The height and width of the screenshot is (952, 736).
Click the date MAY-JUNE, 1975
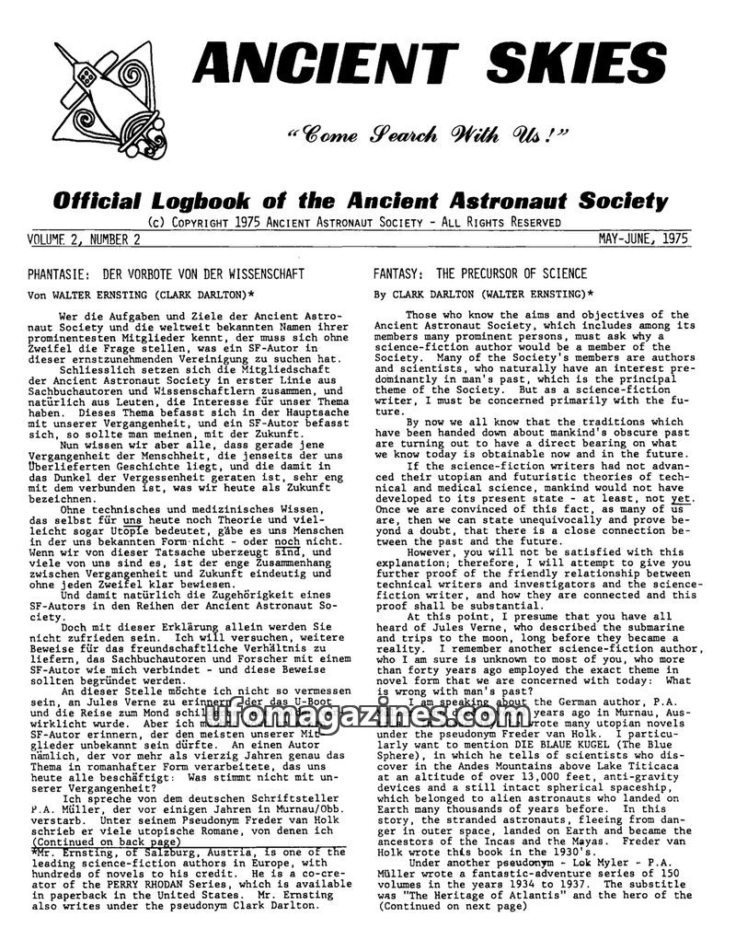[x=643, y=238]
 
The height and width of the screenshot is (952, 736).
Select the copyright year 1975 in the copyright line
[x=240, y=223]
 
